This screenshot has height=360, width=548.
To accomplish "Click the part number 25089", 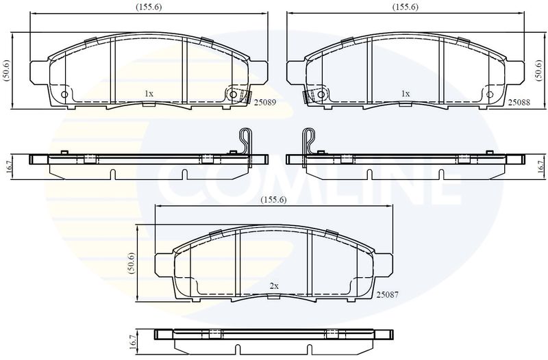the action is tap(265, 103).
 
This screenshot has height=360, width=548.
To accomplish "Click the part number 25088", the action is tap(519, 102).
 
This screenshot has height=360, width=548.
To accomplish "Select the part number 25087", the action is tap(387, 295).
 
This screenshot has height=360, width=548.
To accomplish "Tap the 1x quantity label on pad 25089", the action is tap(149, 94).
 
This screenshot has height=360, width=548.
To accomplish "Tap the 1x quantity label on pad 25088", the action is tap(406, 94).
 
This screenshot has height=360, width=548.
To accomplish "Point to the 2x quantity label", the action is tap(274, 286).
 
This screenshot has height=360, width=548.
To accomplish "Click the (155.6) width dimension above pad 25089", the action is tap(149, 7).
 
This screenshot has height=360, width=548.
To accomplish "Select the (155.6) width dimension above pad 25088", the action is tap(406, 7).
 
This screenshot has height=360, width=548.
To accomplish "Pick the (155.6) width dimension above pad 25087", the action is tap(274, 200).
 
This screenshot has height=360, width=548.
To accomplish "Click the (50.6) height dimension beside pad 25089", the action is tap(8, 71).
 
